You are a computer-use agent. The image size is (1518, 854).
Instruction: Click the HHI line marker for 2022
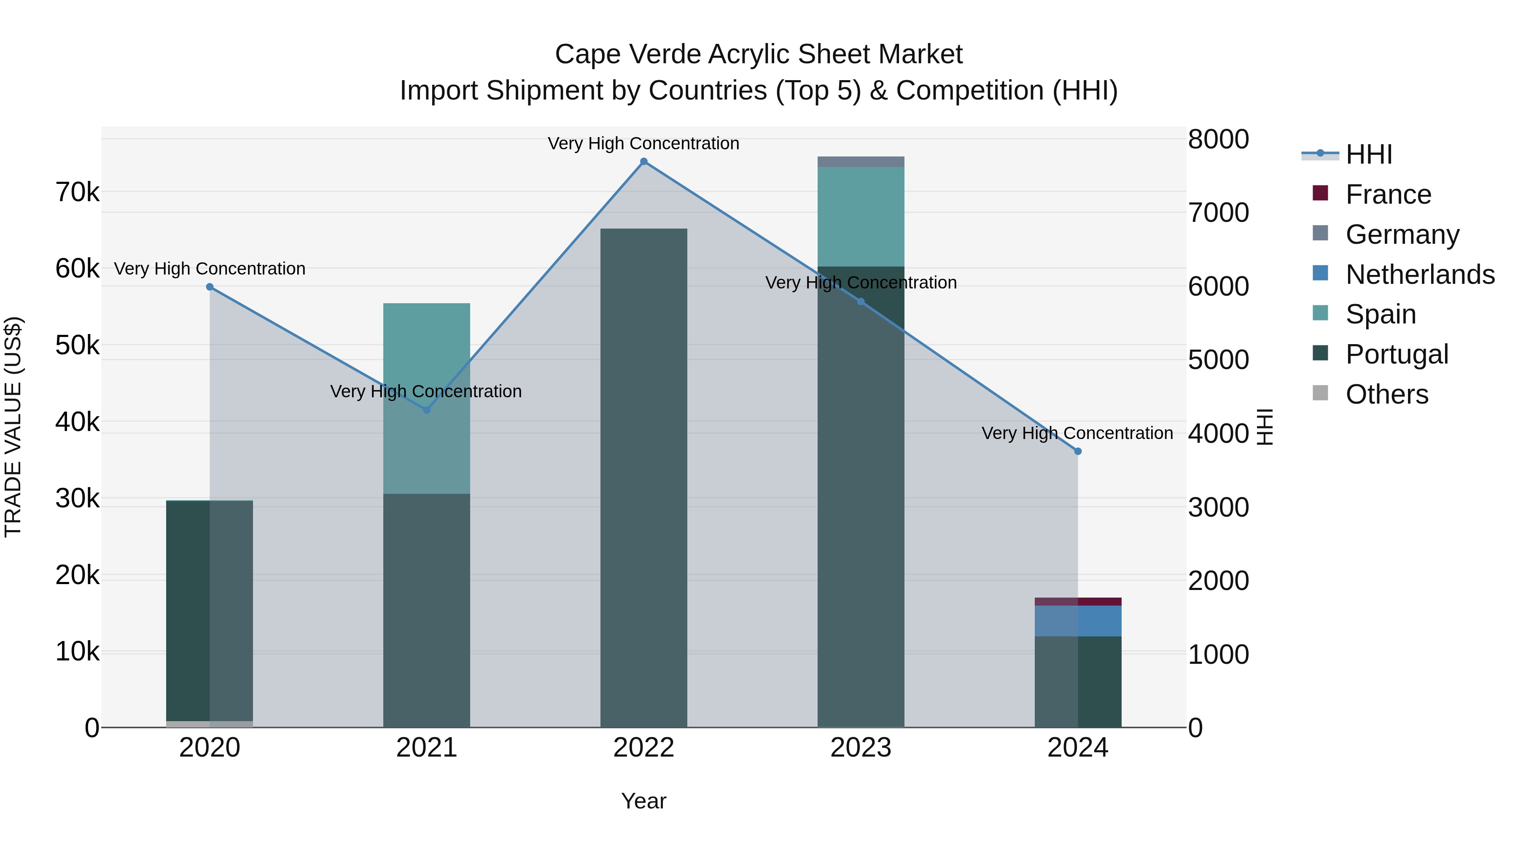click(643, 162)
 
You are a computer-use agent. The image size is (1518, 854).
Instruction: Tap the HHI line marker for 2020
click(210, 287)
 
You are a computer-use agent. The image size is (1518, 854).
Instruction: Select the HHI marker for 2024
click(1078, 451)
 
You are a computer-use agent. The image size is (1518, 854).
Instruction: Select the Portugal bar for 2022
click(643, 477)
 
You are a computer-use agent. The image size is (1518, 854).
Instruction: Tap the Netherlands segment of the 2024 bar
click(1078, 621)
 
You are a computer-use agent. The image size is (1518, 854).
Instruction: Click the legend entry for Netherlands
click(1420, 275)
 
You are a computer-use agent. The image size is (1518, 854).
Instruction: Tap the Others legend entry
click(1386, 394)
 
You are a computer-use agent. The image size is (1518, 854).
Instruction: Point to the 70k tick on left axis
click(77, 192)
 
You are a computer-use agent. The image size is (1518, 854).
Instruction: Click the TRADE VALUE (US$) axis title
click(13, 427)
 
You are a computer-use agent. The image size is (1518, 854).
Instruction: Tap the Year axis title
click(643, 801)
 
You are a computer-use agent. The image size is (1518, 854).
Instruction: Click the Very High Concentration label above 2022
click(643, 143)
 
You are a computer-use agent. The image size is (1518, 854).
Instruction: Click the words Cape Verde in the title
click(627, 54)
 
